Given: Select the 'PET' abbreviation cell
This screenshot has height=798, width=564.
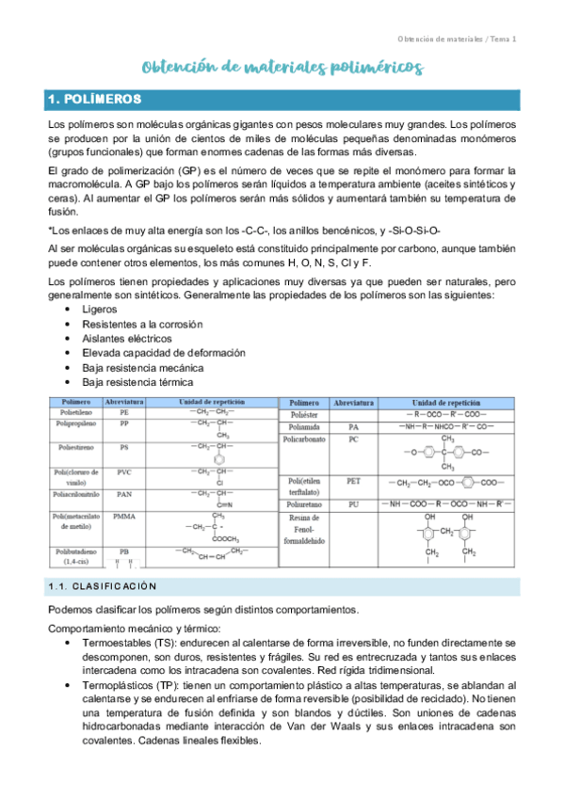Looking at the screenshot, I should tap(353, 481).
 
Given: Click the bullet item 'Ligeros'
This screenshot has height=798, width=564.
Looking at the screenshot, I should tap(100, 308).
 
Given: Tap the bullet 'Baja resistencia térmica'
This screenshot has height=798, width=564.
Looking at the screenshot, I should tap(137, 383).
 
